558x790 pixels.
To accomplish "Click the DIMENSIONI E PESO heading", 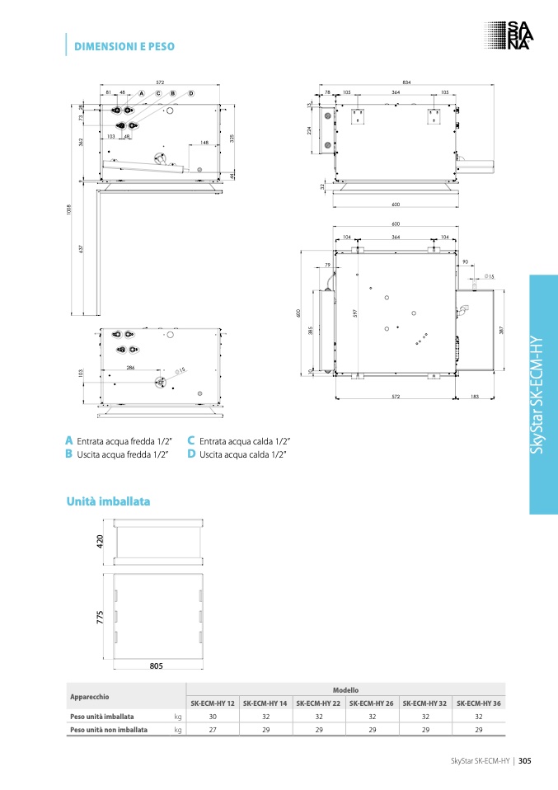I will tap(124, 47).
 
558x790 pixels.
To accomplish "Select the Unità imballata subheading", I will tap(107, 501).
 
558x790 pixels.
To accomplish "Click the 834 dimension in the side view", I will tap(406, 82).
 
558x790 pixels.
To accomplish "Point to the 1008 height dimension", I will tap(70, 210).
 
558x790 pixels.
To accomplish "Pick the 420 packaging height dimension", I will tap(101, 542).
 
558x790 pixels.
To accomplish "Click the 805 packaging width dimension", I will tap(157, 665).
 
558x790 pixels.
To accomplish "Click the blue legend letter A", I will tap(69, 441).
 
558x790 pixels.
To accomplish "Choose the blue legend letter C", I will tap(191, 441).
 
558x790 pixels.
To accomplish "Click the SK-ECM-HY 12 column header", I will tap(213, 703).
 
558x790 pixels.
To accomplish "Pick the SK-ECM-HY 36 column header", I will tap(478, 703).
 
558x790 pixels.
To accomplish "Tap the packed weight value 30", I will tap(213, 717).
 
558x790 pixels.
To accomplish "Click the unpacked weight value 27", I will tap(213, 730).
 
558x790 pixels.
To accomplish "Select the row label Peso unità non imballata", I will tap(109, 730).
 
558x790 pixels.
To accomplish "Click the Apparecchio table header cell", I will tap(90, 696).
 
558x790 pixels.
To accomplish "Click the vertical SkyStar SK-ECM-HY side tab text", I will tap(543, 395).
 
